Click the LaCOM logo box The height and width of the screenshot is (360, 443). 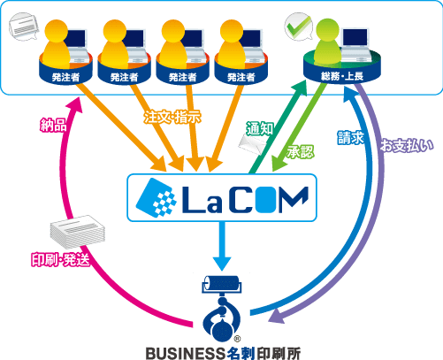click(222, 197)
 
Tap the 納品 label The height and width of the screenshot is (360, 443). click(53, 125)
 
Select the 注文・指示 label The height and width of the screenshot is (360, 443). click(172, 117)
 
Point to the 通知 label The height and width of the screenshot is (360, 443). click(260, 128)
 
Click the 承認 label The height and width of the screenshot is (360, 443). click(301, 152)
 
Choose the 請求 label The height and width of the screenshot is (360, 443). click(351, 137)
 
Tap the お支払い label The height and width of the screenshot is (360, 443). click(407, 145)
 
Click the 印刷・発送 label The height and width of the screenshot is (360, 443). click(60, 259)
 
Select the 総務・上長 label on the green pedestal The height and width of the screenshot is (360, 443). click(342, 76)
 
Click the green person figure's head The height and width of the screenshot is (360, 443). click(328, 29)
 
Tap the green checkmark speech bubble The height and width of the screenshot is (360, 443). click(298, 27)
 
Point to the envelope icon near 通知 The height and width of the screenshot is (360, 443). click(253, 144)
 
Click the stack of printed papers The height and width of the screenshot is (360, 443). click(77, 232)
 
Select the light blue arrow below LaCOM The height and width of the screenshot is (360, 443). click(222, 246)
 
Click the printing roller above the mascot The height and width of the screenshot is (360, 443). click(222, 285)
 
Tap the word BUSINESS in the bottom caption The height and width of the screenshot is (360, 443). click(186, 353)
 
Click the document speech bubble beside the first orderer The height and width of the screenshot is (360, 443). click(24, 27)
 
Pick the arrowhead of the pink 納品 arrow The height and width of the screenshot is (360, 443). click(74, 105)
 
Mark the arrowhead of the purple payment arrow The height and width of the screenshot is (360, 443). click(276, 316)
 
